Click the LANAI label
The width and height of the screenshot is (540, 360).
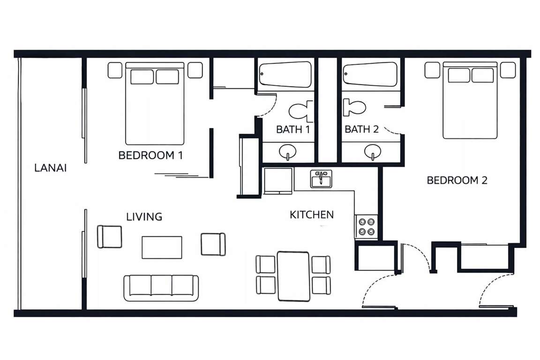tap(50, 168)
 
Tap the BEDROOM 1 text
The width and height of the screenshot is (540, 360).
tap(150, 155)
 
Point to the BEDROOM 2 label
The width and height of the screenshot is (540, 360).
tap(457, 180)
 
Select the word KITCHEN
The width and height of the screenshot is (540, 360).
tap(312, 215)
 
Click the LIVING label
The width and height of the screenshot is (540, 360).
tap(144, 217)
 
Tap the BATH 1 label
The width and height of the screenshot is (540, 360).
tap(292, 129)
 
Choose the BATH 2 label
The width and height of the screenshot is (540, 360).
tap(361, 129)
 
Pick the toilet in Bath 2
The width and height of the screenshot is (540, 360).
tap(354, 107)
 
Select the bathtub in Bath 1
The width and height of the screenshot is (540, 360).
tap(285, 74)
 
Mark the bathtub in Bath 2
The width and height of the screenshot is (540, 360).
tap(370, 74)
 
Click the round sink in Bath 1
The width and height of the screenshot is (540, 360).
tap(287, 151)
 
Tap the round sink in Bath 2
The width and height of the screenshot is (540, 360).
tap(373, 151)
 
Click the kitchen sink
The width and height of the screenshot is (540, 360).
tap(321, 179)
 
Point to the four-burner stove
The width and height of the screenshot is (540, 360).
tap(367, 227)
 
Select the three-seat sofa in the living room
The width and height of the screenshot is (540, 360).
tap(161, 288)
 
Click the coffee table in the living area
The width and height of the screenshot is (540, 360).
tap(162, 247)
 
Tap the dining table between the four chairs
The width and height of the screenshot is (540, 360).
tap(293, 276)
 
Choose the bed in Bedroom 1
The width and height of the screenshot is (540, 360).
tap(155, 103)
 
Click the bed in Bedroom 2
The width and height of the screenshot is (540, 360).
tap(470, 100)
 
